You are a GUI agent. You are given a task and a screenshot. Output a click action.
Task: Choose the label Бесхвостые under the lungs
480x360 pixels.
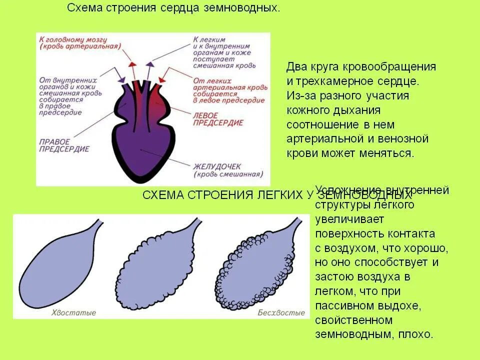[281, 312]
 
